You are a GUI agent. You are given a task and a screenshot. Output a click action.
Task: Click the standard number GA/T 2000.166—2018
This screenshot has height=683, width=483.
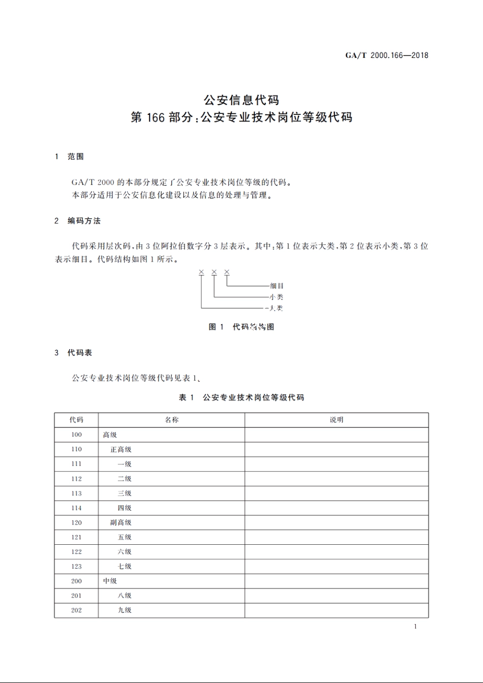coord(387,55)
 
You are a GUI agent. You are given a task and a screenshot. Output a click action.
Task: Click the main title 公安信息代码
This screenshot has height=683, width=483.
coord(242,100)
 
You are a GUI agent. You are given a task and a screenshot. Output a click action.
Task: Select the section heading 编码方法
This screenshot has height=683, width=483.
coord(84,221)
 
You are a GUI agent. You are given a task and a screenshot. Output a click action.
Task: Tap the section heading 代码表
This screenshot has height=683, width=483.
coord(80,352)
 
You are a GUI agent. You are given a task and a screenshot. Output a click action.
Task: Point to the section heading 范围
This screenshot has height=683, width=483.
coord(76,157)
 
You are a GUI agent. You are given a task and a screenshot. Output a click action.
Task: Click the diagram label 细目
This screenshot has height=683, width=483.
coord(277,286)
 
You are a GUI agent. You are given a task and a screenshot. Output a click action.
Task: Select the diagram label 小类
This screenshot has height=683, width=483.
coord(277,297)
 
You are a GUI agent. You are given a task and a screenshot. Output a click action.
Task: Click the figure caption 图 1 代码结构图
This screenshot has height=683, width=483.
coord(242,327)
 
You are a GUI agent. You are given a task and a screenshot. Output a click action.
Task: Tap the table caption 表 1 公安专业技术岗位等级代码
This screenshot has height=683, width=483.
coord(242,397)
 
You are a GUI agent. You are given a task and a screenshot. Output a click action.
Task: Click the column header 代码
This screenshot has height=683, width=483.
coord(76,420)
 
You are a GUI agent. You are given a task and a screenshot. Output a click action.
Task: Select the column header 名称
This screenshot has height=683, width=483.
coord(171,420)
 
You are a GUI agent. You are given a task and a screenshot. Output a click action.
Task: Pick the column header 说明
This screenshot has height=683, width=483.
coord(337,420)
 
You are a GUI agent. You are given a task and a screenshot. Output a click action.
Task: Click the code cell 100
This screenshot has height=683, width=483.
coord(76,434)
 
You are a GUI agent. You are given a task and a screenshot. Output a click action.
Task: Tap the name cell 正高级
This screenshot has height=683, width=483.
coord(121,449)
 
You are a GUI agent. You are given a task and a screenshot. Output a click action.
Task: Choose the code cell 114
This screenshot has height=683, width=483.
coord(76,508)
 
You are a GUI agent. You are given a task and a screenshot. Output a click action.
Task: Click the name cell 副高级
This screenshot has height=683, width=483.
coord(121,522)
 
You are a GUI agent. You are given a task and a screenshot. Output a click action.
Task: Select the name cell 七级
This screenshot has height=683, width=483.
coord(125,566)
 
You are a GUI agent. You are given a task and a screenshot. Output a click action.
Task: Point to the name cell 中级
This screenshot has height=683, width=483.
coord(110,581)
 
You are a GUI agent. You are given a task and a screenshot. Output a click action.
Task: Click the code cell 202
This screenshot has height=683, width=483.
coord(76,610)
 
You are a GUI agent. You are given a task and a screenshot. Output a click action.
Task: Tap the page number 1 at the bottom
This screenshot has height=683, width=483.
coord(415,627)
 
